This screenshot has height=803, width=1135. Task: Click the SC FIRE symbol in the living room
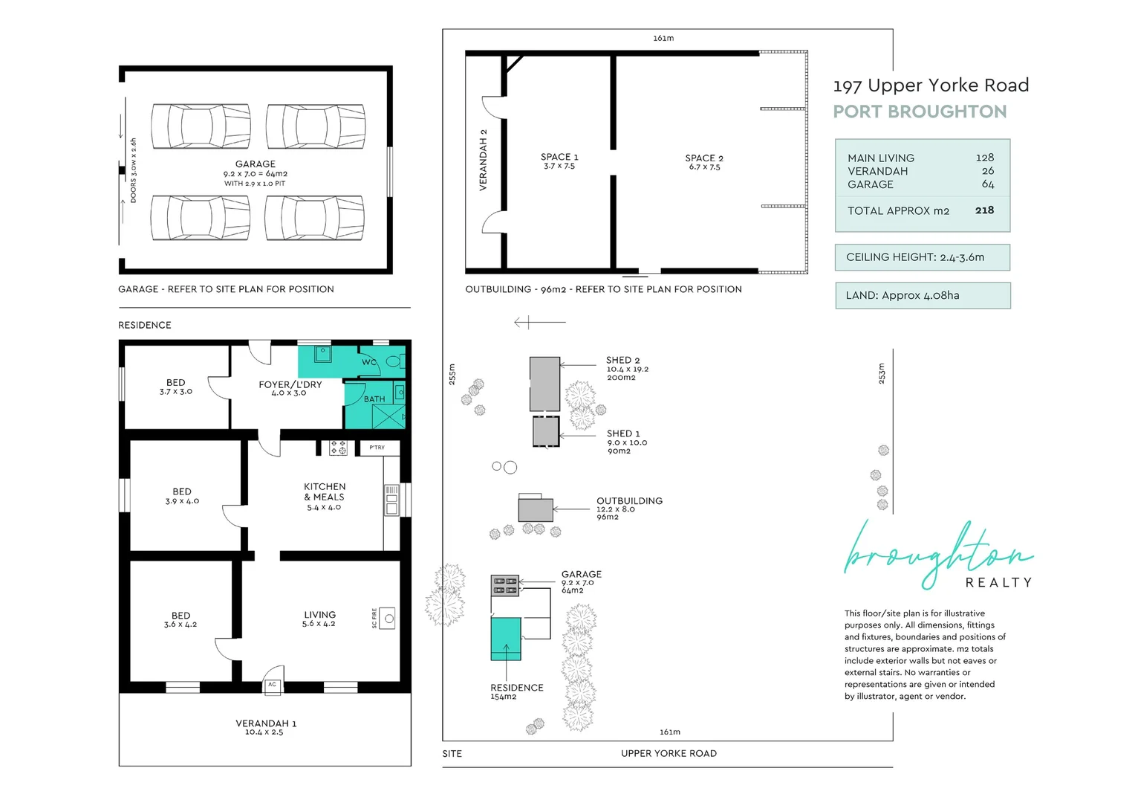(387, 619)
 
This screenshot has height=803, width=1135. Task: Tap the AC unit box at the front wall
(273, 687)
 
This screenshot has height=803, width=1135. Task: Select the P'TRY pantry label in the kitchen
(377, 448)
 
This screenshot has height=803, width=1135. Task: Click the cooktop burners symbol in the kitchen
(338, 448)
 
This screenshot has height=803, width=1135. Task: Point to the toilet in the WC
(395, 361)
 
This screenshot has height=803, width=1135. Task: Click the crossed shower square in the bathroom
(388, 416)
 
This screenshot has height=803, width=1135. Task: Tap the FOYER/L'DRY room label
(290, 384)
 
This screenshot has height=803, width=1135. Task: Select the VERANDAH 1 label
(266, 723)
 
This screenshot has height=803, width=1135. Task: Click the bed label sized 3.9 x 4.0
(182, 496)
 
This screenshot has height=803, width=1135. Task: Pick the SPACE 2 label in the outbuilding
(704, 158)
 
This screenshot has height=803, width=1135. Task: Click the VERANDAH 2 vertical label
(483, 160)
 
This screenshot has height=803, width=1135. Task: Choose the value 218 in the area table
(984, 210)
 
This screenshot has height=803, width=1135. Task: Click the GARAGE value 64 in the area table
(988, 184)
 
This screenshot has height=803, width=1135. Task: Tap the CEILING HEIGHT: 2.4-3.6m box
(923, 257)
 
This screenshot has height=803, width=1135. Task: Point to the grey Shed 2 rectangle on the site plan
(544, 384)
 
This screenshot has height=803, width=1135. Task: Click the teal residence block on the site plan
(506, 639)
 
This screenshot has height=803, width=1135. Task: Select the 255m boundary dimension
(452, 374)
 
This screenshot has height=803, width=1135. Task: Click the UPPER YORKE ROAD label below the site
(669, 754)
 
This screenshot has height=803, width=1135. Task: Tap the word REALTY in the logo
(999, 583)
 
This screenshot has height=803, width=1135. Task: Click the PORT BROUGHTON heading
(920, 112)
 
